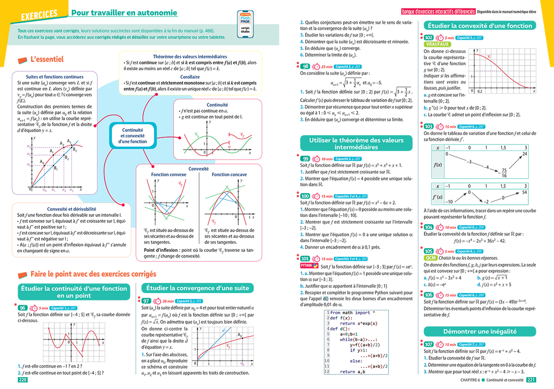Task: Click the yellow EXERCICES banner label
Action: coord(39,15)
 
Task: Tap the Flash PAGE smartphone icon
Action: coord(245,24)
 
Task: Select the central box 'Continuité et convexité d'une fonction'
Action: coord(132,136)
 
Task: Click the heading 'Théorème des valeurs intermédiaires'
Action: coord(190,57)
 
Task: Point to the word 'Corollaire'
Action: coord(190,77)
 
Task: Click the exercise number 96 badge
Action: coord(22,308)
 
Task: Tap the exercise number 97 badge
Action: coord(146,301)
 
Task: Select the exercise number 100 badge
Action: coord(305,196)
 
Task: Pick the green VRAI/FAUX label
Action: coord(437,44)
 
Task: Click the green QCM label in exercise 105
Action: coord(430,258)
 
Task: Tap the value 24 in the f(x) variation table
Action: coord(524,154)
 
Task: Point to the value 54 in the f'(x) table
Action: coord(524,192)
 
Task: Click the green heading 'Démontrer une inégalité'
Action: coord(480,332)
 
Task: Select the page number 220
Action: coord(22,380)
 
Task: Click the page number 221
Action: coord(531,380)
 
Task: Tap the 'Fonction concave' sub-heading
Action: coord(229,174)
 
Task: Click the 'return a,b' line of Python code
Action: coord(352,372)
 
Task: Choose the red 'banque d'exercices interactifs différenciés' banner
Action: coord(438,12)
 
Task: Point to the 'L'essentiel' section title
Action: coord(47,59)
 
